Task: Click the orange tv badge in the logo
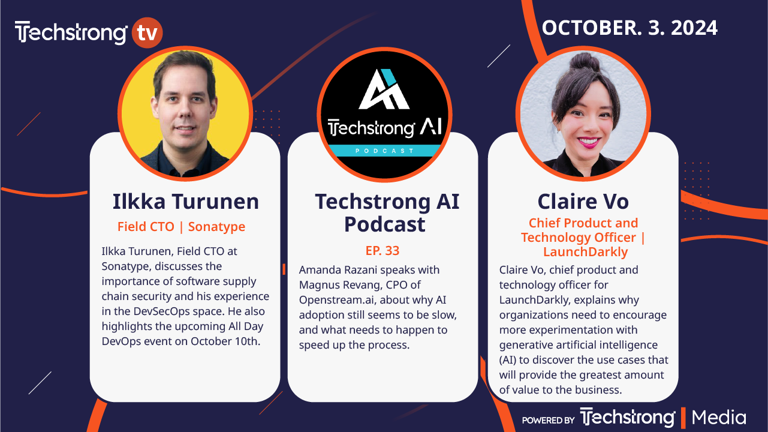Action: (x=146, y=32)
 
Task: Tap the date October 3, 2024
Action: (x=630, y=28)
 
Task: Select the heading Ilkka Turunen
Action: (x=186, y=202)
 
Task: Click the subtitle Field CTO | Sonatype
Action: (x=181, y=227)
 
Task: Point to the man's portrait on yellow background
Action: (x=184, y=112)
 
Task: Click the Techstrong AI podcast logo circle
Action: (x=384, y=112)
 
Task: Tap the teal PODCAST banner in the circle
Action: (x=384, y=151)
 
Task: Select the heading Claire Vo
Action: (x=583, y=202)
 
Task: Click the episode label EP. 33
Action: (x=383, y=251)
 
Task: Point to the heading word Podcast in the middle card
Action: (x=384, y=224)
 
